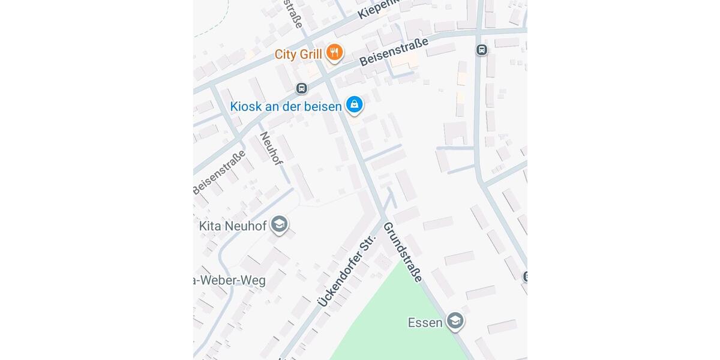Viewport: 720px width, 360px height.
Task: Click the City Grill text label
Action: click(299, 54)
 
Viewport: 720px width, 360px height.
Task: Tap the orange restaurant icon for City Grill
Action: click(335, 53)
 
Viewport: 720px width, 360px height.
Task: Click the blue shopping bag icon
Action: click(355, 104)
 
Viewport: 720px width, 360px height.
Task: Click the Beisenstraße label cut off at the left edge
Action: click(219, 172)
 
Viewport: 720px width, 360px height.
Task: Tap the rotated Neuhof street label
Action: click(271, 149)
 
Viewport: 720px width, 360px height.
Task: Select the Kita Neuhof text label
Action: click(232, 226)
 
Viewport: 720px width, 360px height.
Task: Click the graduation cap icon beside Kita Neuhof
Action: click(278, 225)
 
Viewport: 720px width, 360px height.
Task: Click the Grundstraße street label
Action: click(403, 251)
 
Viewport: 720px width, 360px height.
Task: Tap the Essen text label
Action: click(425, 323)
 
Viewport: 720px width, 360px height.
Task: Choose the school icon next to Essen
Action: click(455, 322)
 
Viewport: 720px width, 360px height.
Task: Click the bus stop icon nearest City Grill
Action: click(301, 89)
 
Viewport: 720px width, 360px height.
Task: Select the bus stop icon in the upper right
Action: click(481, 50)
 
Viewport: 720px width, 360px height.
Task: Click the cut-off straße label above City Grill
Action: click(294, 13)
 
